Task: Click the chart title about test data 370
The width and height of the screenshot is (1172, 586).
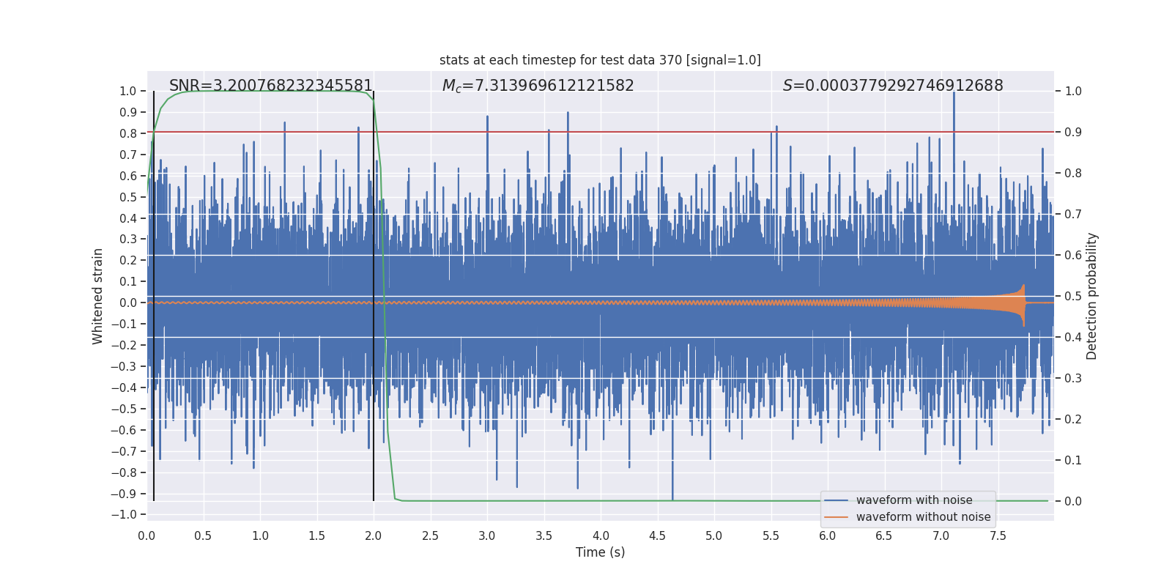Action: tap(600, 60)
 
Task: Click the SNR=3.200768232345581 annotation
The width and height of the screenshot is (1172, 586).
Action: tap(271, 86)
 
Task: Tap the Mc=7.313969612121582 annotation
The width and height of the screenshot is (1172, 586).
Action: tap(538, 86)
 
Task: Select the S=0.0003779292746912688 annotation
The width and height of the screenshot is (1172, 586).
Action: tap(893, 86)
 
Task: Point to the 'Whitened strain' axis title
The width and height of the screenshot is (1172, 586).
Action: tap(98, 296)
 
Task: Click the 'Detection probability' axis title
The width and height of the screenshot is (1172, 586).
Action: tap(1092, 296)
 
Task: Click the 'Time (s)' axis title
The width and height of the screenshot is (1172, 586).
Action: tap(600, 552)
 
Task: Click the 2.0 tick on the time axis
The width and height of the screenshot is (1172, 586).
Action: tap(374, 536)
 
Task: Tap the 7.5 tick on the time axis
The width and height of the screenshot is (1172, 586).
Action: tap(998, 536)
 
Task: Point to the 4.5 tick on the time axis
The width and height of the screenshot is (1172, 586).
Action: tap(657, 536)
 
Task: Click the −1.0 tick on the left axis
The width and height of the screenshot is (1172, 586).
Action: tap(127, 515)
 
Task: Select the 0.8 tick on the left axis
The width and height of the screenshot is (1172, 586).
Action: tap(128, 133)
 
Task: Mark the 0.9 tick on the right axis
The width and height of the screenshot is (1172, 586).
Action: tap(1073, 133)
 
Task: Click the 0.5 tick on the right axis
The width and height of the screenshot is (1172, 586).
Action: tap(1073, 297)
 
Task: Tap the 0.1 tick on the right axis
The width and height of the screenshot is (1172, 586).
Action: tap(1073, 461)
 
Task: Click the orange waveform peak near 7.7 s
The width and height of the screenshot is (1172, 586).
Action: tap(1023, 286)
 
